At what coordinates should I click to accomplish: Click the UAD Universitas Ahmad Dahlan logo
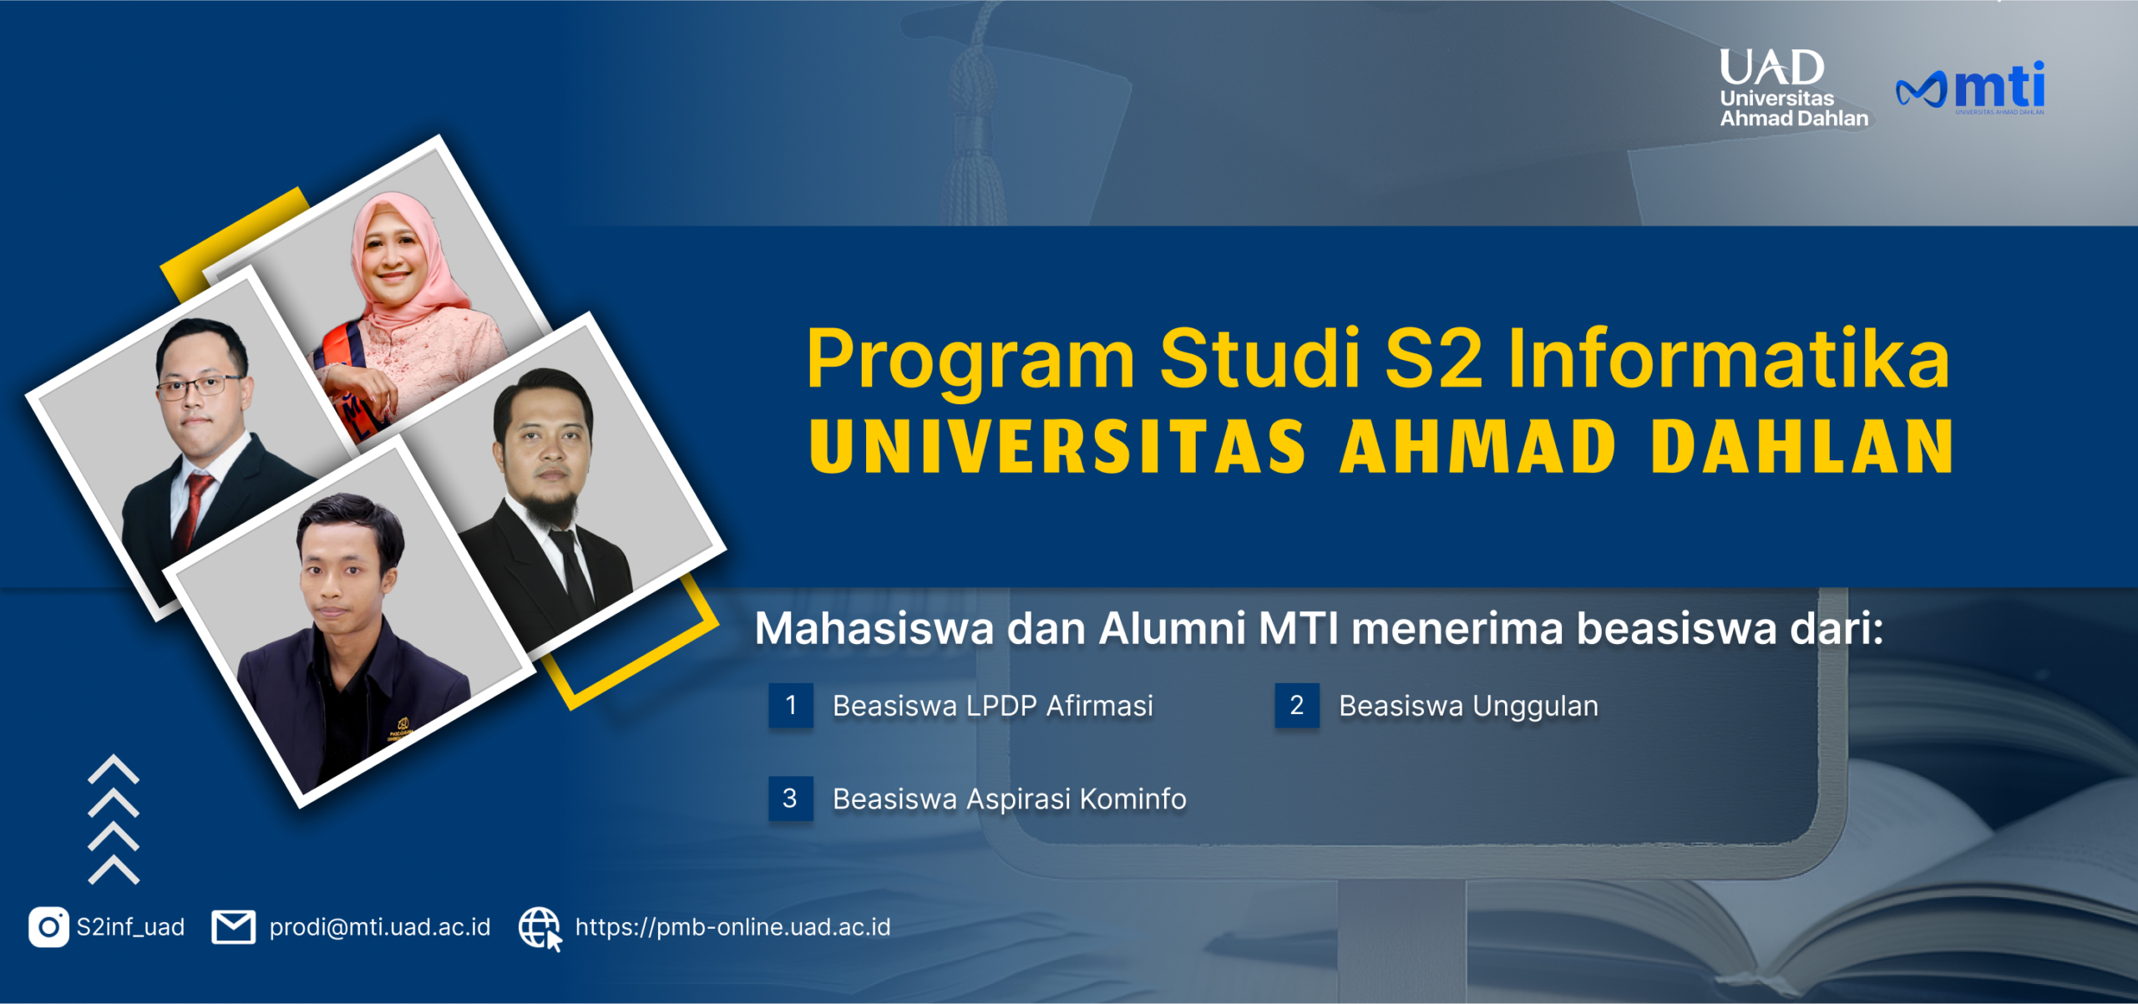[1793, 89]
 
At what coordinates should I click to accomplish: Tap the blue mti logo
[1970, 88]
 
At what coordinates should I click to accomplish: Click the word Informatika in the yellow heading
[1729, 359]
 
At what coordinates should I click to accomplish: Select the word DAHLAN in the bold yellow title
[1801, 447]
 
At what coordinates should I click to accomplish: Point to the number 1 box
[791, 706]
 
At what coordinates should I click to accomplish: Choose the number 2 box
[1297, 706]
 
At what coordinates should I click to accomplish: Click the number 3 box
[791, 799]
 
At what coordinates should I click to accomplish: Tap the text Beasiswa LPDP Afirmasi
[993, 707]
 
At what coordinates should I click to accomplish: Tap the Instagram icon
[48, 927]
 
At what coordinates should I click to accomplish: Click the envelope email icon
[234, 927]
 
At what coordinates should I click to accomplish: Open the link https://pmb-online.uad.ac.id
[732, 927]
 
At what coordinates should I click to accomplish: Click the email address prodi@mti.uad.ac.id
[380, 927]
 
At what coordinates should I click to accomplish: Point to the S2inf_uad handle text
[130, 927]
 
